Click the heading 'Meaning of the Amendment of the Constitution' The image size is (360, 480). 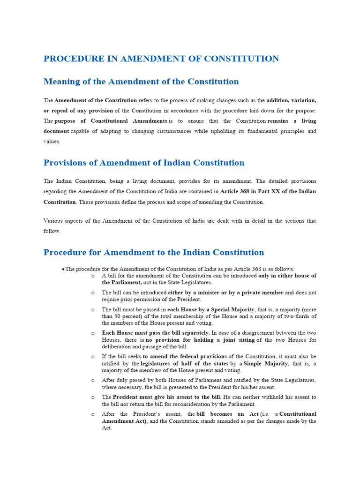pos(141,82)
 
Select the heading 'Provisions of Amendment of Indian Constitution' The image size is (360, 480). pos(144,163)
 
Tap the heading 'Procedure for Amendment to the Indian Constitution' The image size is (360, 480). pos(154,252)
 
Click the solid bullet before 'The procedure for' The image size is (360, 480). pos(63,269)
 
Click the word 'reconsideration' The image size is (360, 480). pos(180,404)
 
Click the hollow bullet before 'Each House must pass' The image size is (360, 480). pos(93,333)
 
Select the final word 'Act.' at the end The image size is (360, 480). pos(107,427)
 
